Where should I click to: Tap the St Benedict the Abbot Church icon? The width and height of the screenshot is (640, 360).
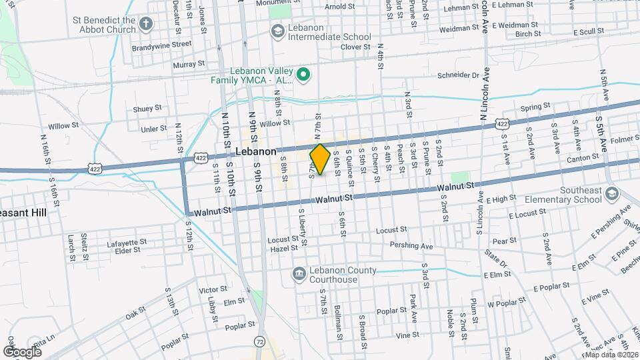click(146, 25)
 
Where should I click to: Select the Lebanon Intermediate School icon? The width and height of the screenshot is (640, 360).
click(277, 31)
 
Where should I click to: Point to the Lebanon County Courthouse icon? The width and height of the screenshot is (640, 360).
click(298, 274)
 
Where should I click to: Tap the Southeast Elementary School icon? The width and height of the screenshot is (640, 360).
click(612, 194)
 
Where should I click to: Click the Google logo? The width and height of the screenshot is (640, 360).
click(22, 351)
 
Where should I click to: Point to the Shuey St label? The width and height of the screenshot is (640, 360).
click(147, 107)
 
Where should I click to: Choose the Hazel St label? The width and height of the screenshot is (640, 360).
click(283, 248)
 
